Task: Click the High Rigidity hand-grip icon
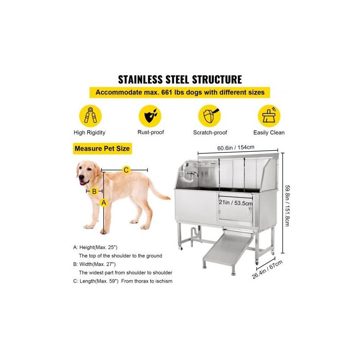90,116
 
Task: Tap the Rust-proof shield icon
150,116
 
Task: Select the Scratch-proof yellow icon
209,116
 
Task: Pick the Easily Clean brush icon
269,116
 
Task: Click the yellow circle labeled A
104,203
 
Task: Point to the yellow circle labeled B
94,191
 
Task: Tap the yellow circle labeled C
126,170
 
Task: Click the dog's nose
81,177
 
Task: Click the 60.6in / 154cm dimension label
236,148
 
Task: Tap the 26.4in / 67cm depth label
267,270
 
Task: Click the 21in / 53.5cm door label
236,202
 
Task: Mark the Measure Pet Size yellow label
103,148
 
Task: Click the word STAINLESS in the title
140,80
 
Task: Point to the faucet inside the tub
193,174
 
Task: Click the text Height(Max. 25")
98,247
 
